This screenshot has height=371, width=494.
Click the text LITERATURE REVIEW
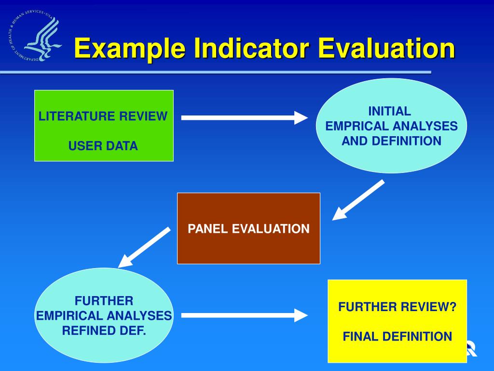coord(103,116)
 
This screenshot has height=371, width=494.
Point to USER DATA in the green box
coord(103,146)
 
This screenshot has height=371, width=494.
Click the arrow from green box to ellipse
coord(244,117)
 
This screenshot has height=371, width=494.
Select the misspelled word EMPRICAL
coord(357,127)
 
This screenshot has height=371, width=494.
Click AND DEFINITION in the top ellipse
coord(391,141)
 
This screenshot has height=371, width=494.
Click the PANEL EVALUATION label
coord(248,229)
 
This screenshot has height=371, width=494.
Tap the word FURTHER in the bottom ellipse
coord(104,301)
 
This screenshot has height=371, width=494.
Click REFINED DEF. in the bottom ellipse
coord(104,331)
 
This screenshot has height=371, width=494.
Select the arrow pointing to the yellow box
coord(244,316)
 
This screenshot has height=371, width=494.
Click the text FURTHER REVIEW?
coord(397,307)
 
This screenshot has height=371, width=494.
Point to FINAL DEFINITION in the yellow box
coord(397,337)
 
